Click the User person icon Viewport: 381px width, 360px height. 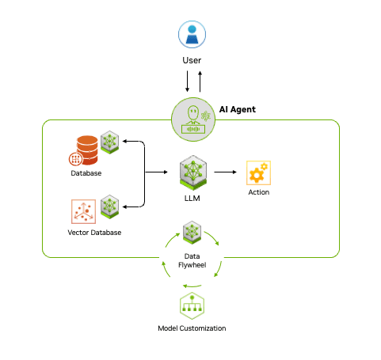tap(192, 35)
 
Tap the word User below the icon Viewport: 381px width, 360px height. tap(192, 60)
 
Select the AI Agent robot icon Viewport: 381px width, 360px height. tap(192, 119)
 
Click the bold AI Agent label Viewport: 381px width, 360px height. tap(237, 109)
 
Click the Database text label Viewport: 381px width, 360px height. tap(86, 173)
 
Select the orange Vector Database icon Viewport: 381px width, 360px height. tap(84, 211)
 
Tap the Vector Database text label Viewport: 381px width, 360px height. tap(94, 233)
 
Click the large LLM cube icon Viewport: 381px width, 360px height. tap(192, 172)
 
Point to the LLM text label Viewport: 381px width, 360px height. tap(192, 198)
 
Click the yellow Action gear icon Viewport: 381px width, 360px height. tap(258, 172)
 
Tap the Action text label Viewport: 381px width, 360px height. tap(258, 192)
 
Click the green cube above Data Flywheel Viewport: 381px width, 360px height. tap(192, 232)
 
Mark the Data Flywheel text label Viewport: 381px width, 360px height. tap(192, 260)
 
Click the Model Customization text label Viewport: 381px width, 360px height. tap(192, 328)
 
